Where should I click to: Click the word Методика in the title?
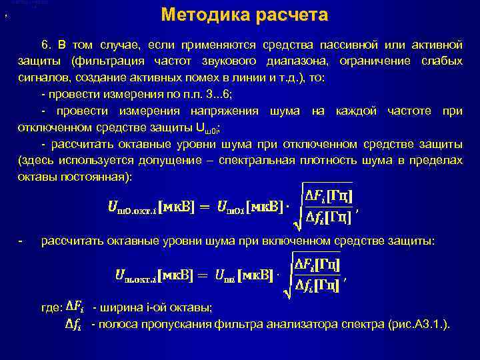205,15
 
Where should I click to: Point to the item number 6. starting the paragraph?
46,45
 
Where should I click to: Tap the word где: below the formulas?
51,307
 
